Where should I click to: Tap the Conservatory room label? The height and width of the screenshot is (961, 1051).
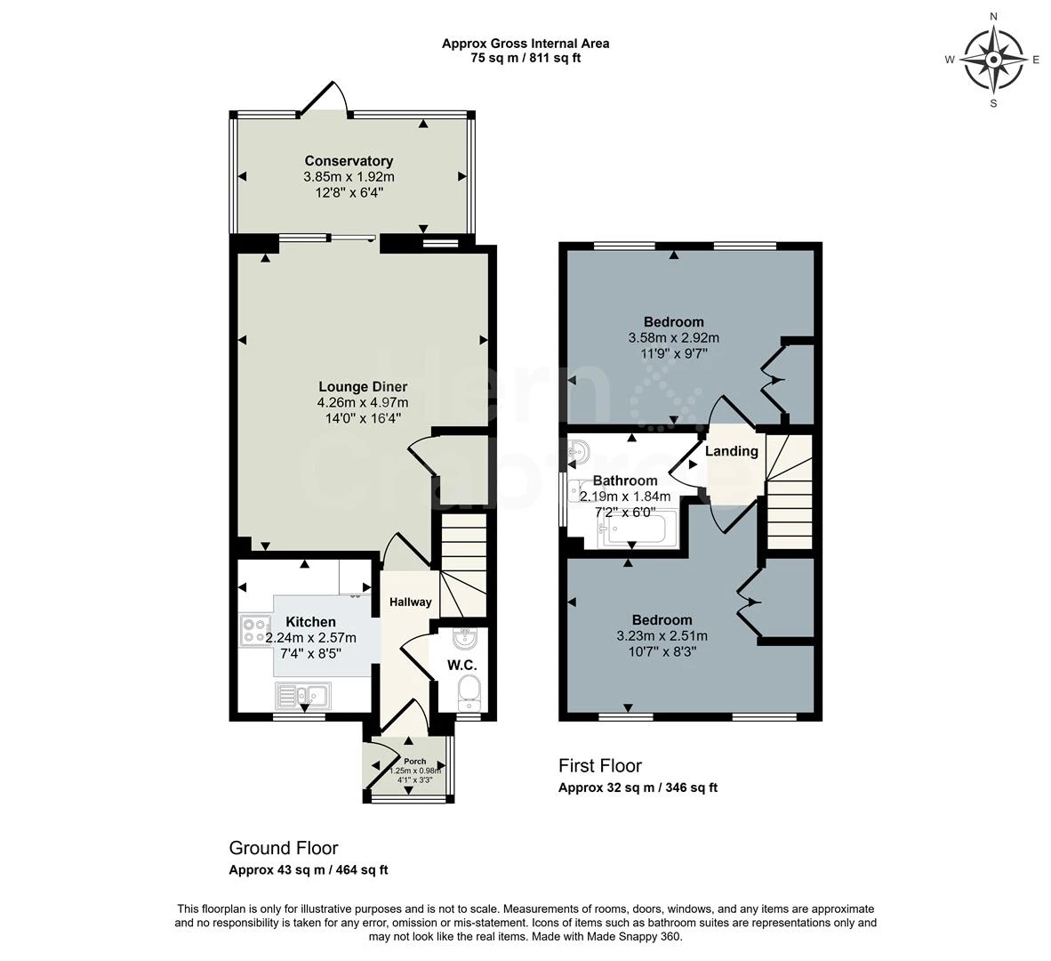349,161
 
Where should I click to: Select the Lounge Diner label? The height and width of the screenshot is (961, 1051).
363,387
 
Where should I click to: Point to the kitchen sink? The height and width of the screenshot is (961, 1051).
302,696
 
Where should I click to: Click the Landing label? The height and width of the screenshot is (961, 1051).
731,451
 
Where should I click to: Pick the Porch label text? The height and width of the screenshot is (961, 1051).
415,761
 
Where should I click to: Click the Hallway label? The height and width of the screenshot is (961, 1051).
410,602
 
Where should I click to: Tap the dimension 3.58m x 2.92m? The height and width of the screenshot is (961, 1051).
674,338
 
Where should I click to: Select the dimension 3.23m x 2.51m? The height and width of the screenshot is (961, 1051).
662,635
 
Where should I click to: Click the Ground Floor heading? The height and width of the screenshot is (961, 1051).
284,848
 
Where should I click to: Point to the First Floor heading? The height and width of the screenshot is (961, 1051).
600,766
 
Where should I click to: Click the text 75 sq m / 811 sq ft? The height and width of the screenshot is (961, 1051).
525,59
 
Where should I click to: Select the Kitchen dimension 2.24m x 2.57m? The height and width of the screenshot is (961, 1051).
311,638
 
